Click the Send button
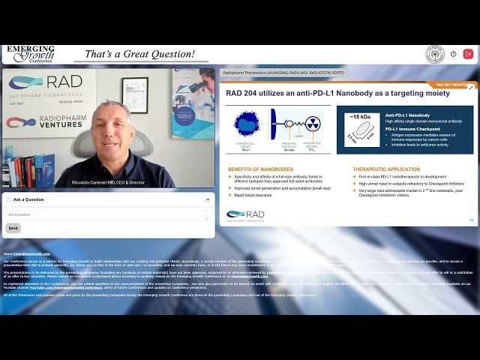click(13, 228)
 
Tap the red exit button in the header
click(469, 54)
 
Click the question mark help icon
click(453, 54)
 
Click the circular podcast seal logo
click(435, 54)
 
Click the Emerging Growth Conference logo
click(30, 54)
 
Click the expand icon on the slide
click(470, 88)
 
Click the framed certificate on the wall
click(135, 95)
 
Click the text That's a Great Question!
click(139, 54)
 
